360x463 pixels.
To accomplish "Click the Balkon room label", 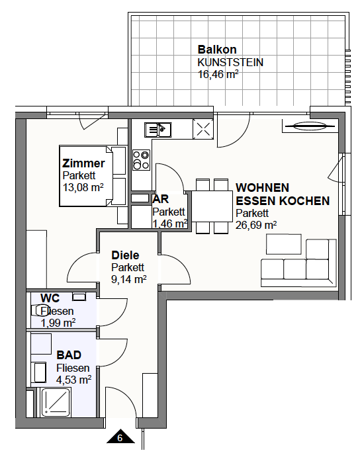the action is tap(217, 50).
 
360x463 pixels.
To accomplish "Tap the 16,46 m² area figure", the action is tap(218, 74).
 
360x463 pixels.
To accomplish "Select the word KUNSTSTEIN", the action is tap(230, 62).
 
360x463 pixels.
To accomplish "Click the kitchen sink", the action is tap(158, 130).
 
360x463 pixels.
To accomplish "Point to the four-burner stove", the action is tap(141, 160).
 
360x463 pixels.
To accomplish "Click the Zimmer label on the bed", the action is tap(83, 163).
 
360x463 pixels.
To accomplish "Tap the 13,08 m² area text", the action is tap(83, 187).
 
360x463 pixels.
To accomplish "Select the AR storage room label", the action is tap(161, 199).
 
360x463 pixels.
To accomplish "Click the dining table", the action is tap(212, 206).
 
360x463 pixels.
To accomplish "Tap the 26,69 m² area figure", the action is tap(256, 225).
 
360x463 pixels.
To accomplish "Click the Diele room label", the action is tap(125, 255).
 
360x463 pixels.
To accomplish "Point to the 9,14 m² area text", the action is tap(129, 279).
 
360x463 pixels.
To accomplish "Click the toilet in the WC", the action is tap(36, 310).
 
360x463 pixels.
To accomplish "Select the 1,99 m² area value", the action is tap(58, 323).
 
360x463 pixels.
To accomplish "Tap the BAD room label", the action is tap(69, 355).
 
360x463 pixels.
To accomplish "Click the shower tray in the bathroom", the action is tap(56, 402).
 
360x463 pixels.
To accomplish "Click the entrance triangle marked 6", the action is tap(120, 436).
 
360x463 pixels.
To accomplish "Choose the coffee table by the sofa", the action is tap(284, 244).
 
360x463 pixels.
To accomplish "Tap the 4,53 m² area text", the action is tap(74, 380).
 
